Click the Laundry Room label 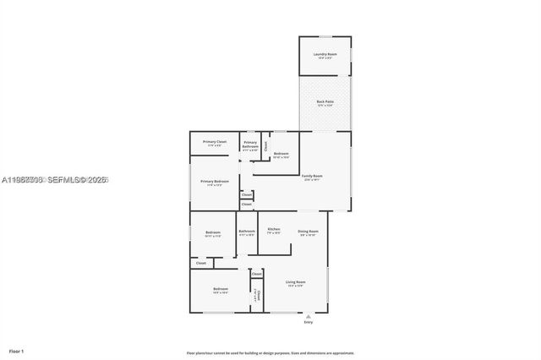325,54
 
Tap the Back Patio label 325,101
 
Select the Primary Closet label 215,142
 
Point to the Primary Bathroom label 250,145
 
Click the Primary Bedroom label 215,182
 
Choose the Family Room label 313,176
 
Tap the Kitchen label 274,230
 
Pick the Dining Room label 308,232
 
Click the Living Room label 295,281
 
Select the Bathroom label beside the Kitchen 247,232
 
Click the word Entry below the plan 308,323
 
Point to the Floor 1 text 17,351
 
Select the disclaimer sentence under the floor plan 270,352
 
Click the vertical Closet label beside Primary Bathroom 265,145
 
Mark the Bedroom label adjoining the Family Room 281,154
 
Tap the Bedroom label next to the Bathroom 213,232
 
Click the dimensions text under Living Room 295,286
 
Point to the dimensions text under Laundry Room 325,58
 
